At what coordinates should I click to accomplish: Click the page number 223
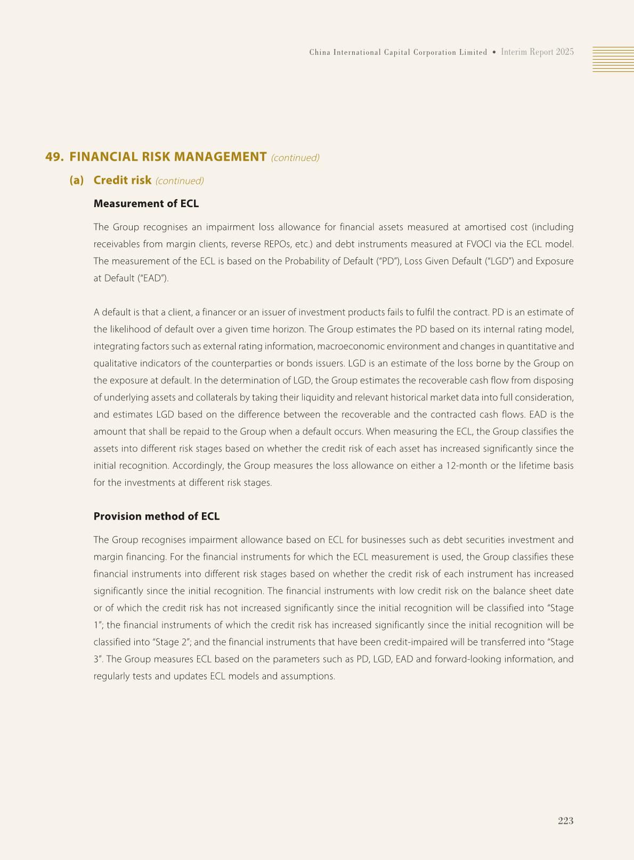click(x=565, y=821)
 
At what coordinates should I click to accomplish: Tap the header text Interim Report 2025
click(x=537, y=52)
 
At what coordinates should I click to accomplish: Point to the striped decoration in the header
click(x=613, y=59)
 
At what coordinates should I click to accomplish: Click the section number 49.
click(x=54, y=157)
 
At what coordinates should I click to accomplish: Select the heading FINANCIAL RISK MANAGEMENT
click(x=168, y=157)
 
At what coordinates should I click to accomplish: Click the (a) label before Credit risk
click(x=77, y=181)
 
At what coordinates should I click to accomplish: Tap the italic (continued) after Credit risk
click(x=180, y=181)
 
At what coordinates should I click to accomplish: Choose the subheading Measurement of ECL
click(x=146, y=203)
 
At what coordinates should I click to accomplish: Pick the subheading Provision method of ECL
click(x=156, y=517)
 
